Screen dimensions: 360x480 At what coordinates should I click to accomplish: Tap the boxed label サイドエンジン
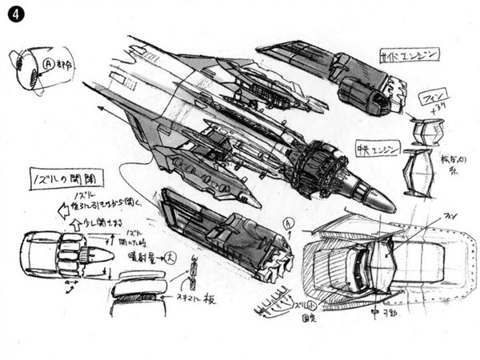coord(409,55)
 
